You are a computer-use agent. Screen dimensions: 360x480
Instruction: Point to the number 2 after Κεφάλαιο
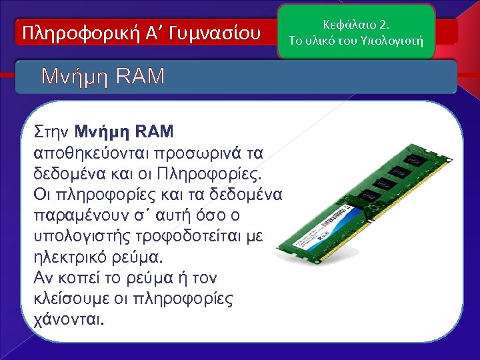point(383,25)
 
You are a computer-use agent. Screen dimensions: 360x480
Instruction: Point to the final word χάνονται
point(69,320)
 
